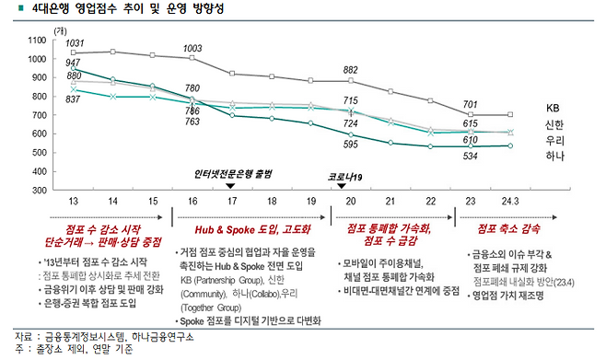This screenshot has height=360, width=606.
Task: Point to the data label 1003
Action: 193,48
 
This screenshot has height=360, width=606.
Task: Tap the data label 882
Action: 351,70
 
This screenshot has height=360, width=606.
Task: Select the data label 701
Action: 470,104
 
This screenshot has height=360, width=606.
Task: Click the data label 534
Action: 470,157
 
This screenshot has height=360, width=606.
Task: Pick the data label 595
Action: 351,145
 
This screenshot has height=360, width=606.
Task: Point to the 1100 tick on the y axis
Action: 38,41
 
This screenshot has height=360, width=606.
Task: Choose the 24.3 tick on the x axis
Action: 508,200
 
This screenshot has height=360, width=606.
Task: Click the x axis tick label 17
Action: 232,200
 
